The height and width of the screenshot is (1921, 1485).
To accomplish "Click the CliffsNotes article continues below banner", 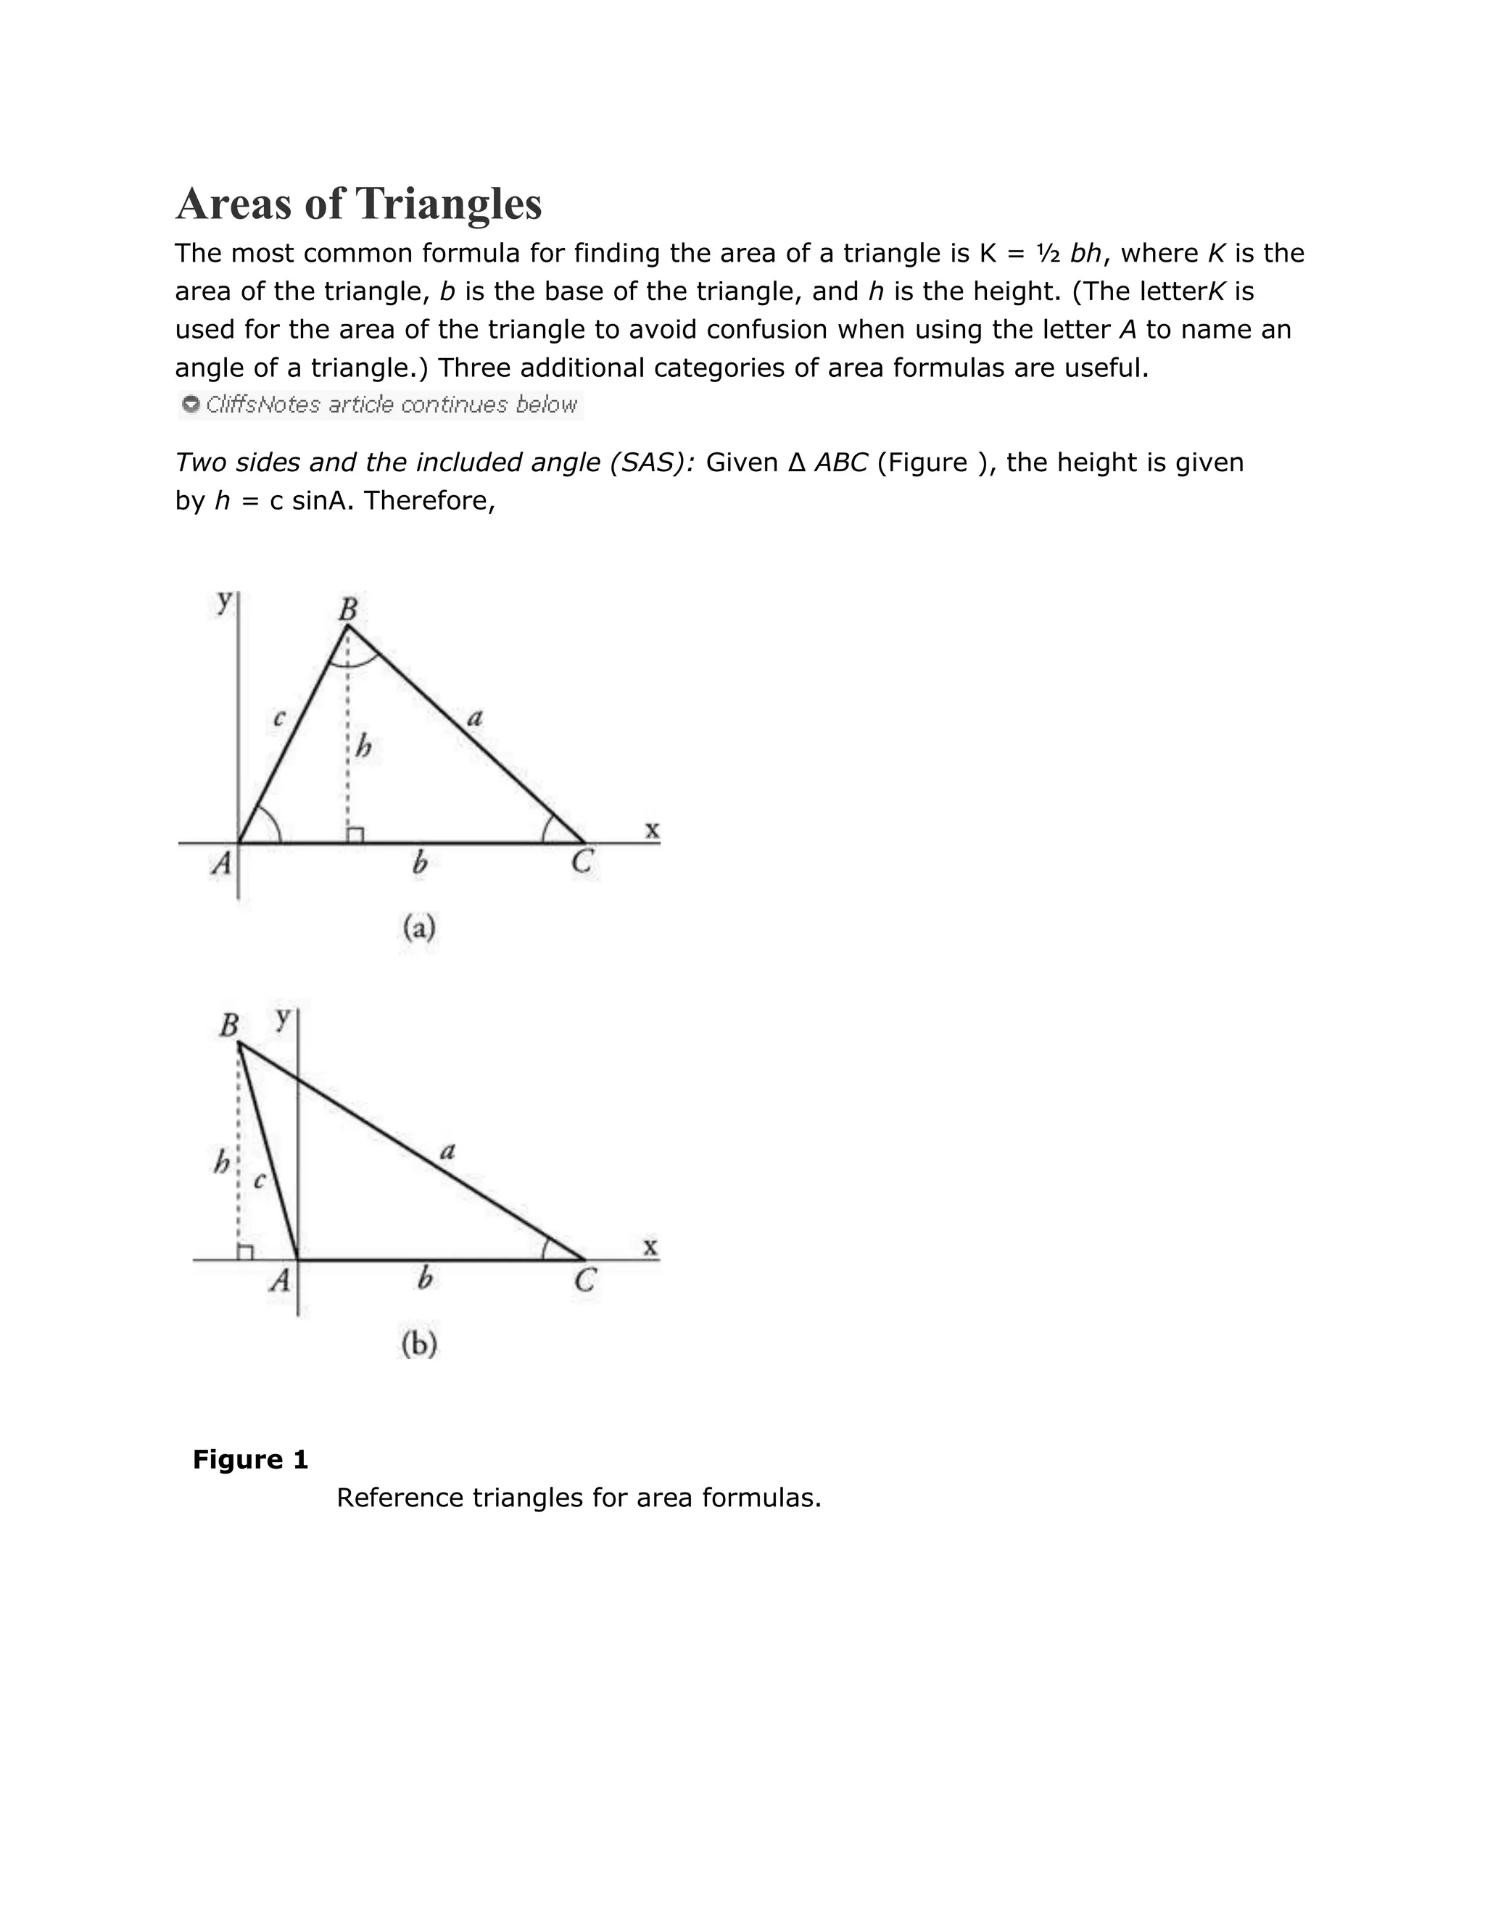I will point(381,404).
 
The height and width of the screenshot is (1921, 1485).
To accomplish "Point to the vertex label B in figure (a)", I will point(348,607).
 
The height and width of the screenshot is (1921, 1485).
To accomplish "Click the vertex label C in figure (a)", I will point(582,863).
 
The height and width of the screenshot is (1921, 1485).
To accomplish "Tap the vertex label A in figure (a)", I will point(222,864).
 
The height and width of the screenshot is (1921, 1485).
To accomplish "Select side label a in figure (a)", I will point(475,718).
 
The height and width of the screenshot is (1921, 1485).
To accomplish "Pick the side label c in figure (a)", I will point(279,718).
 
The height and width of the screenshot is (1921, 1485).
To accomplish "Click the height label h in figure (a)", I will point(363,747).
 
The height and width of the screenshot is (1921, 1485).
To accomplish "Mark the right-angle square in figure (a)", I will point(355,834).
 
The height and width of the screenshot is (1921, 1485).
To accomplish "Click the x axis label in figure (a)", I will point(652,829).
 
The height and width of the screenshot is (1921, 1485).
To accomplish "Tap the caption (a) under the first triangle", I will point(419,928).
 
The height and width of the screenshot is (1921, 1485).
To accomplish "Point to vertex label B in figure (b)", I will point(228,1026).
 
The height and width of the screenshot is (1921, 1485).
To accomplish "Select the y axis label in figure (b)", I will point(282,1018).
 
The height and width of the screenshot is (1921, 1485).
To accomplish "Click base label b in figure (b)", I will point(425,1278).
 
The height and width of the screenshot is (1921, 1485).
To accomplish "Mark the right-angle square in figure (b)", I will point(246,1253).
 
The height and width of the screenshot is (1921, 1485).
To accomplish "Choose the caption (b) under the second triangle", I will point(419,1344).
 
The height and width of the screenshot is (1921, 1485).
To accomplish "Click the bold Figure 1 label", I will point(251,1460).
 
